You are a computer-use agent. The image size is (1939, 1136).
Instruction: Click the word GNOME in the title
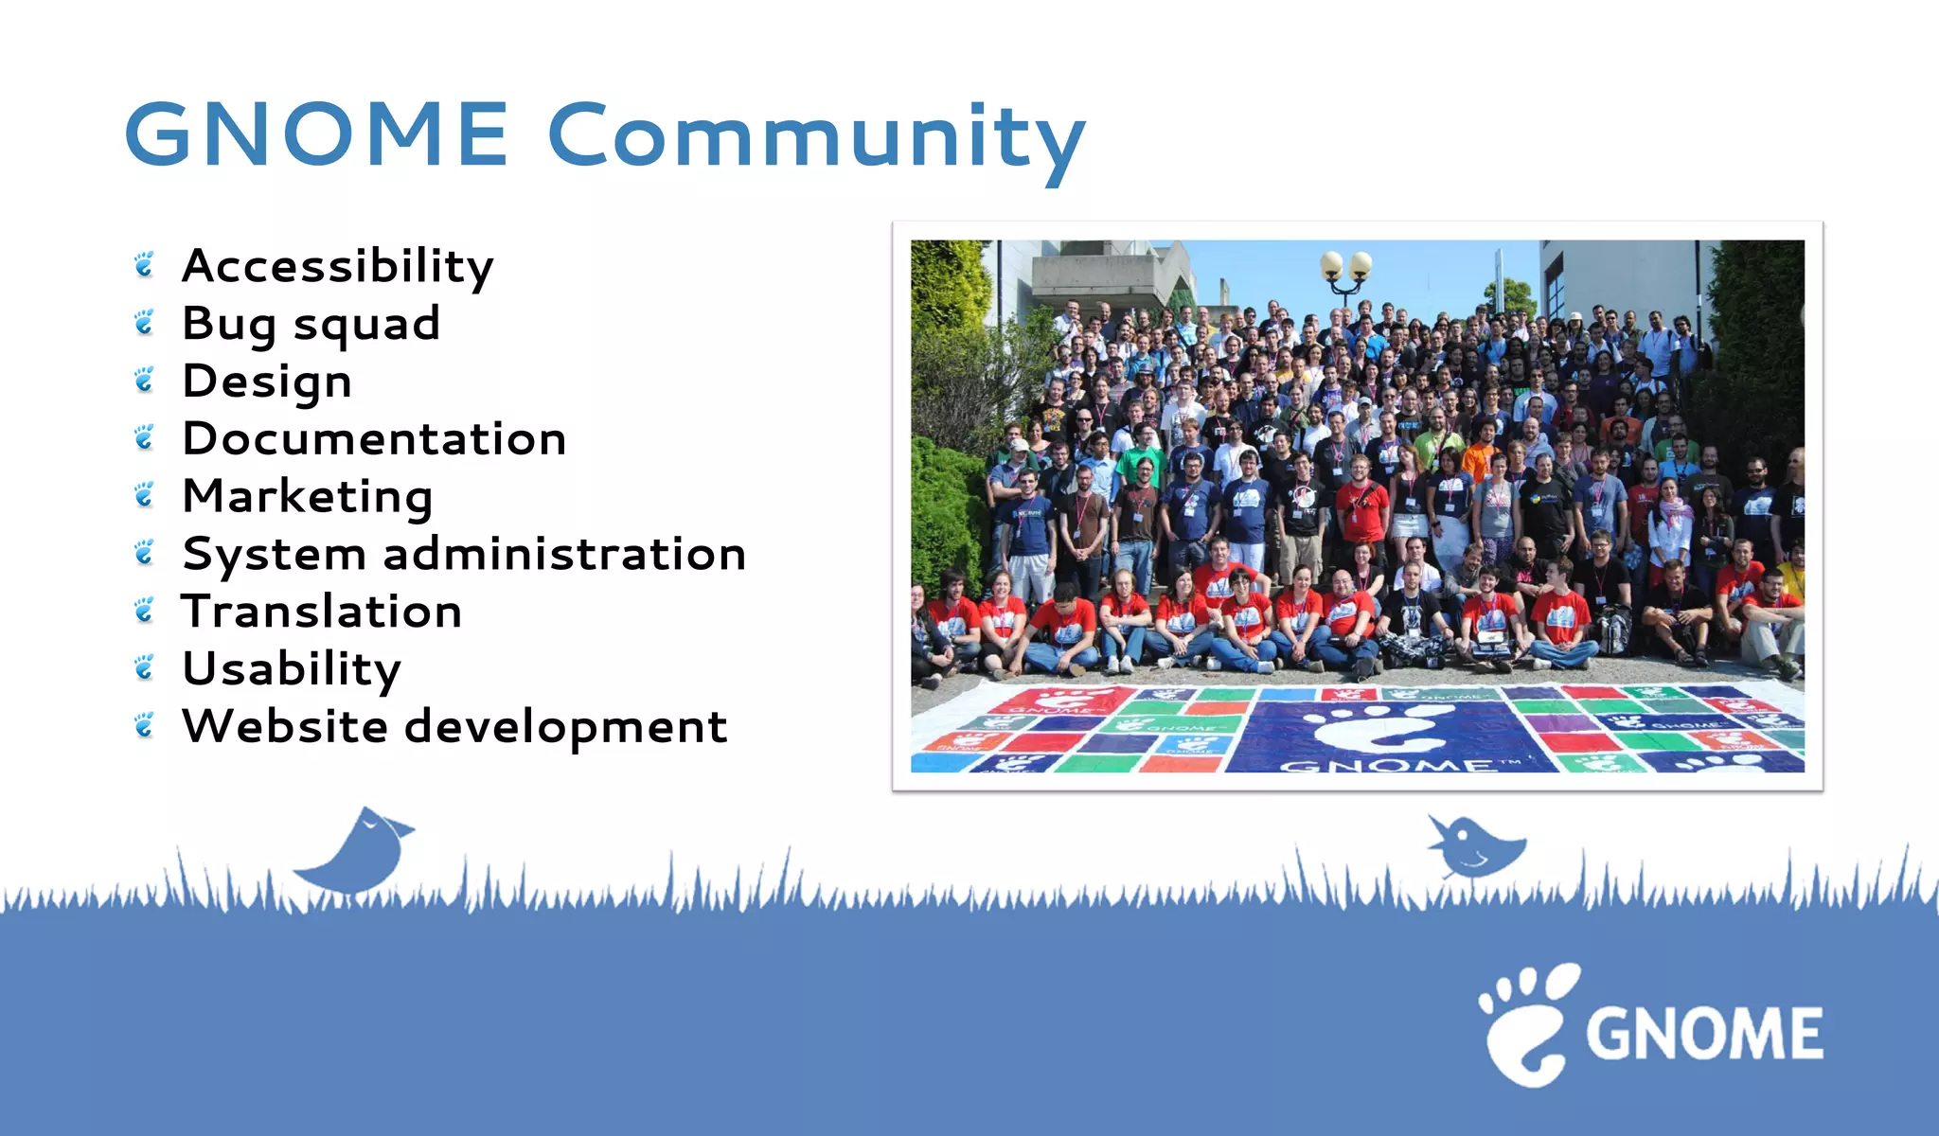pos(316,134)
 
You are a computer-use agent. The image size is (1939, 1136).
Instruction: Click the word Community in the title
pos(816,137)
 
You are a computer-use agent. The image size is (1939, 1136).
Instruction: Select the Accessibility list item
pos(337,266)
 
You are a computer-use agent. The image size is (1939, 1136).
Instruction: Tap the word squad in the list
pos(366,325)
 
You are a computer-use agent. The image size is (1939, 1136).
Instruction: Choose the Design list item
pos(267,382)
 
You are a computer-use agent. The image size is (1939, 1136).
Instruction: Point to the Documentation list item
pos(374,439)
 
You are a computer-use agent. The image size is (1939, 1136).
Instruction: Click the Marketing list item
pos(308,497)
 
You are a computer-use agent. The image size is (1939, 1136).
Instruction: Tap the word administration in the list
pos(564,554)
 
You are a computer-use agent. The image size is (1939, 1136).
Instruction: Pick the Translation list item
pos(322,612)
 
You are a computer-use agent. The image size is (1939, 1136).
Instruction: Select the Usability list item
pos(292,669)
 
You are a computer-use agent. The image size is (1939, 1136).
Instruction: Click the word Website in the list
pos(285,727)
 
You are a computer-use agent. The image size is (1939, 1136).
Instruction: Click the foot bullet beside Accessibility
pos(144,266)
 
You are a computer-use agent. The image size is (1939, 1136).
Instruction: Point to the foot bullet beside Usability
pos(144,669)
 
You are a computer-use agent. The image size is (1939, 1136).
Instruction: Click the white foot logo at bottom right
pos(1526,1025)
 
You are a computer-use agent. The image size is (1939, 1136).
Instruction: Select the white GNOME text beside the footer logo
pos(1704,1033)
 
